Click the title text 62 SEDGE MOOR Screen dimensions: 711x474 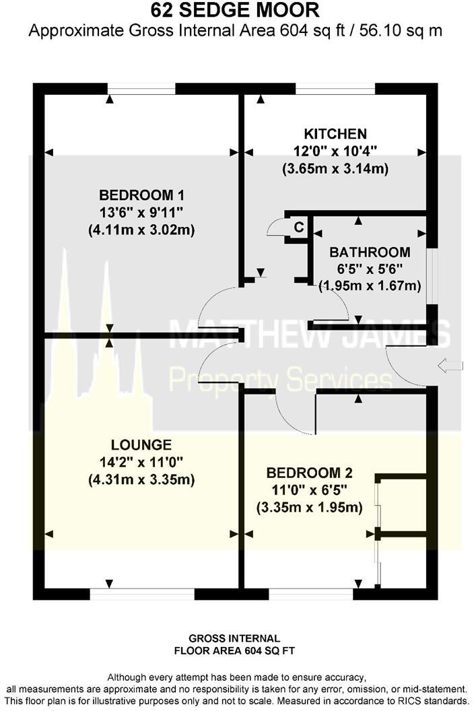pos(236,11)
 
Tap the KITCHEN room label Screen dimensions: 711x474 pos(335,134)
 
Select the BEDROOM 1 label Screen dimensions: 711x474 pos(141,196)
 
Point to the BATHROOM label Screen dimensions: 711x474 pos(369,252)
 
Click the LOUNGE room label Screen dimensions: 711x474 pos(141,445)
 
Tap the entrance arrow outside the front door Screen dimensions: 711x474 pos(450,366)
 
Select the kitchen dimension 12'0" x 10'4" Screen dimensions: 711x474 pos(335,151)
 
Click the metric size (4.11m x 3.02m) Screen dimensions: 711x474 pos(141,230)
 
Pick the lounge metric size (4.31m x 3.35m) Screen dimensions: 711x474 pos(141,479)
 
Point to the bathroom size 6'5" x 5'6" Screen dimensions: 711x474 pos(369,269)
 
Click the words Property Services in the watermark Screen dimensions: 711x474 pos(279,379)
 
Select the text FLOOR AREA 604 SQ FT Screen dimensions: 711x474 pos(234,651)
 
